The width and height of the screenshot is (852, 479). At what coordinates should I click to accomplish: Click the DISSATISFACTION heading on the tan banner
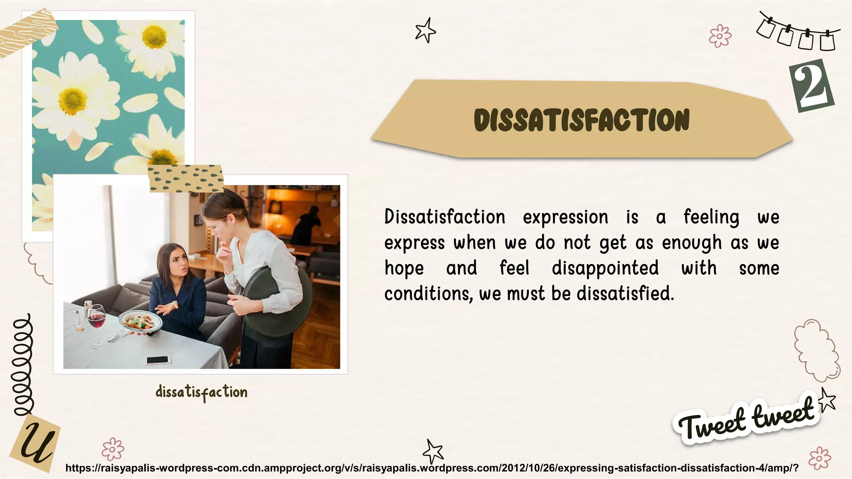tap(582, 120)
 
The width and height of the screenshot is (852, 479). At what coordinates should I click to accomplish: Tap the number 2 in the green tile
tap(812, 86)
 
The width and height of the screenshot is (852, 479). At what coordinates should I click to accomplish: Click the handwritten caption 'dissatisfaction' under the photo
tap(201, 392)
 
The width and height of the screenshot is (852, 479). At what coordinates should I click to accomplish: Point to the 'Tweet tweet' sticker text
tap(746, 420)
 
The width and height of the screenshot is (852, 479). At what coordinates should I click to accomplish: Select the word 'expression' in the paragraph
tap(565, 217)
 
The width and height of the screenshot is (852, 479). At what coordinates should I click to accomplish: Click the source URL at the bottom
tap(432, 468)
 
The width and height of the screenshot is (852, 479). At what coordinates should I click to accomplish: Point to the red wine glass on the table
tap(97, 320)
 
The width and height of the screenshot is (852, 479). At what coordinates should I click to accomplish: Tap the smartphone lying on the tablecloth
tap(158, 360)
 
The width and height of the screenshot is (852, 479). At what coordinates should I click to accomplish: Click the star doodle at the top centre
tap(426, 31)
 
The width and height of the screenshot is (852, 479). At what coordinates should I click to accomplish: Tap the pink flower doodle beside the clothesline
tap(720, 36)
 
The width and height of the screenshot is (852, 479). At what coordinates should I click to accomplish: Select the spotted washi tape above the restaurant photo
tap(186, 178)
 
